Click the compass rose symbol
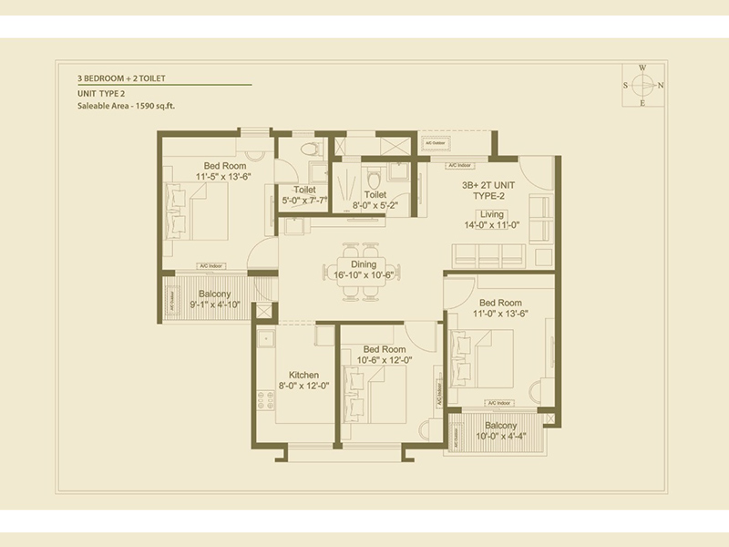642,85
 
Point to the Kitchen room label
303,375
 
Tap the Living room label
492,214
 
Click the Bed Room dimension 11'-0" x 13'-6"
500,315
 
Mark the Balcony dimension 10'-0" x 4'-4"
500,437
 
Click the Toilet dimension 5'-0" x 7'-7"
305,200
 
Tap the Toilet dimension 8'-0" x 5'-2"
375,206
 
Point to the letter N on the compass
661,86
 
